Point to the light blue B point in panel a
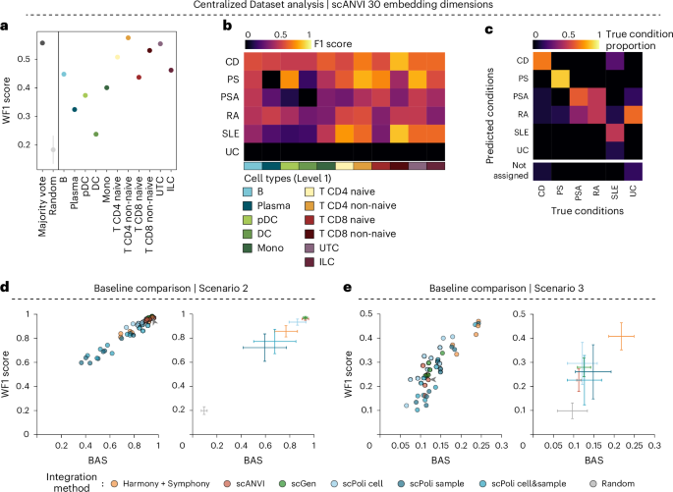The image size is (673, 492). [64, 74]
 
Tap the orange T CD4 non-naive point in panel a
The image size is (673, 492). [129, 37]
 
